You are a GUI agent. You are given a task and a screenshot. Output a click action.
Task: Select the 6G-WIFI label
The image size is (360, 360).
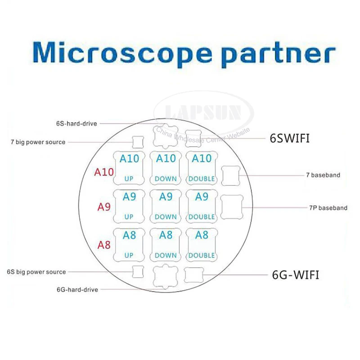(x=296, y=274)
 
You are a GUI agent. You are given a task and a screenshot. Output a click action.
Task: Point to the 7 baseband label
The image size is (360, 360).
(x=323, y=175)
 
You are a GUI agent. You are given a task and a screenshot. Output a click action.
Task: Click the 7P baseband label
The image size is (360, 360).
(x=328, y=208)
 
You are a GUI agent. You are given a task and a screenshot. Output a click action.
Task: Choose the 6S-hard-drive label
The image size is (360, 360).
(x=76, y=123)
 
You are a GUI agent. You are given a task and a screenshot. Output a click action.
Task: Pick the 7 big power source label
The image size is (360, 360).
(x=38, y=142)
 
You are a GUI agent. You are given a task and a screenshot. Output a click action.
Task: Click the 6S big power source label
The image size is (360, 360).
(x=36, y=272)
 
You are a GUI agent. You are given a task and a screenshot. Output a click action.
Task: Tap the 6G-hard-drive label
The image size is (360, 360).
(x=77, y=289)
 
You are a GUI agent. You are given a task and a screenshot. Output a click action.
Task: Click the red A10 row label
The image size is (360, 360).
(x=104, y=172)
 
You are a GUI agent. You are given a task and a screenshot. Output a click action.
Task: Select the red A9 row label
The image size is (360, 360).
(x=104, y=207)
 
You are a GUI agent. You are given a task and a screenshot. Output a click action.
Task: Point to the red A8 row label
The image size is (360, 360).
(x=104, y=245)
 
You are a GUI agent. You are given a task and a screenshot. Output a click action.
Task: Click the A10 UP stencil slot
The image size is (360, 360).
(x=129, y=167)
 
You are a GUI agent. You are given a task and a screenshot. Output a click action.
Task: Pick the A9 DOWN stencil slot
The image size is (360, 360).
(x=166, y=206)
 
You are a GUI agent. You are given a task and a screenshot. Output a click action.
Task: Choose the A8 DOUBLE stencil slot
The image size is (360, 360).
(x=202, y=244)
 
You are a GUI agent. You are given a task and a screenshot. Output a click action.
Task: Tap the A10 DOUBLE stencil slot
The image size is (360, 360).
(x=202, y=167)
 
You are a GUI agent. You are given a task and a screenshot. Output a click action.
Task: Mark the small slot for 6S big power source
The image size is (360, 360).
(x=138, y=272)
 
